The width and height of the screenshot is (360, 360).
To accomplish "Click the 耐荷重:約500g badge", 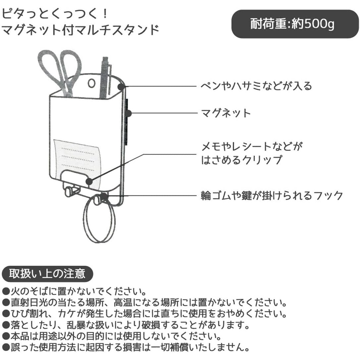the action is [295, 24].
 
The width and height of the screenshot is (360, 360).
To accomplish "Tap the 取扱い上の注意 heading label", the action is [47, 274].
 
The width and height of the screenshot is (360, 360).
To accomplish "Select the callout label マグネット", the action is [226, 113].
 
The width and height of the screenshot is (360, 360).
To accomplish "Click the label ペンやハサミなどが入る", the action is [256, 86].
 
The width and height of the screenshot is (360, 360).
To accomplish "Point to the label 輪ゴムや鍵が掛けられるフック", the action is [272, 195].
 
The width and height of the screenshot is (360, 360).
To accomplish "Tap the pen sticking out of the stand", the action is [105, 78].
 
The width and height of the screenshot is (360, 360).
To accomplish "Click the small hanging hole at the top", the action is [92, 83].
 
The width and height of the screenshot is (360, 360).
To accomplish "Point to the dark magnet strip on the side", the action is [127, 122].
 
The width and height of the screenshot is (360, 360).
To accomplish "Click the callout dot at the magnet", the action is [129, 114].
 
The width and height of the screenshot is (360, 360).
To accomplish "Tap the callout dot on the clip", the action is [89, 182].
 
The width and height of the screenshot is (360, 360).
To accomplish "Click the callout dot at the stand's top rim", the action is [121, 87].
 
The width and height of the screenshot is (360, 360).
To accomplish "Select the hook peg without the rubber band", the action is [68, 192].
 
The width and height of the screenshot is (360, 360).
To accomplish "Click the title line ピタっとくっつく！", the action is [55, 14].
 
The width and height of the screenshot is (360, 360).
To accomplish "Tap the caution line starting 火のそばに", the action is [74, 291].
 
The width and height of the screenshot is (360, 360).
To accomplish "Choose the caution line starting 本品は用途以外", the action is [111, 336].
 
